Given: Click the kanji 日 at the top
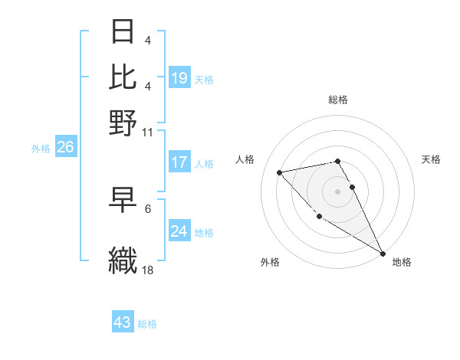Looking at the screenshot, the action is [123, 31].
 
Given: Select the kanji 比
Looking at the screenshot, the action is [123, 76].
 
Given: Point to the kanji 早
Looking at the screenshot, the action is [123, 201].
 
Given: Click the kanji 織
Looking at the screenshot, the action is [123, 260].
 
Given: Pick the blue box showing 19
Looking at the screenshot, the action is [179, 77].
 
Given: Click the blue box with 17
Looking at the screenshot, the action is [179, 162].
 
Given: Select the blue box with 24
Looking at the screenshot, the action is [179, 231].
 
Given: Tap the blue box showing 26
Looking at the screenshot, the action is [65, 148].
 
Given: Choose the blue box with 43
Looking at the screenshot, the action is [123, 322].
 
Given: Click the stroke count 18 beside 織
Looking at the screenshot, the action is [149, 270].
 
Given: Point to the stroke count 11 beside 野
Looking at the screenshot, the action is [149, 132].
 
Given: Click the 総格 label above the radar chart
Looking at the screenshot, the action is [338, 100].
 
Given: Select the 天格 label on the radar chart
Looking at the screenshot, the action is [431, 159].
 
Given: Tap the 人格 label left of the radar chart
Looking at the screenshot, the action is [245, 159].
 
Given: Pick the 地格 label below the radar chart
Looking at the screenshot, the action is [402, 263].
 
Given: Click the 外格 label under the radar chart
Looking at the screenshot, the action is [270, 263].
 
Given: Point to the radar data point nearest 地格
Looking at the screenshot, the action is [383, 254].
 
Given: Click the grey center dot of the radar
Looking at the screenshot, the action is [338, 191].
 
